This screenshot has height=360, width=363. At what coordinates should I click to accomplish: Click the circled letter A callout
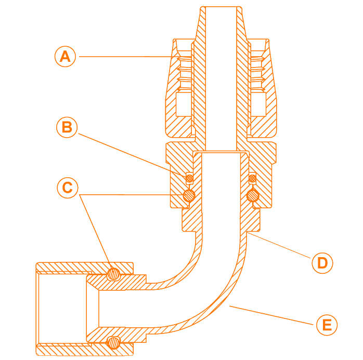click(65, 56)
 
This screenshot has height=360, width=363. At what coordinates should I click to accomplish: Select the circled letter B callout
click(67, 127)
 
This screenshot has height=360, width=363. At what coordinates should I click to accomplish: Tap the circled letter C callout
click(67, 188)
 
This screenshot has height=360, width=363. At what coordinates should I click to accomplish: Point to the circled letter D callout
click(322, 263)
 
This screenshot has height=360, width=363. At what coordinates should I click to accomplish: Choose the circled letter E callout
click(327, 325)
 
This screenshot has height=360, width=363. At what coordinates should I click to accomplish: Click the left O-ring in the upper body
click(189, 195)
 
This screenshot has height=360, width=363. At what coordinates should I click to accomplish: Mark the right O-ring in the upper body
click(252, 195)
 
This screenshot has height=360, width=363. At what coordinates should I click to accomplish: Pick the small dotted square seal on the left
click(189, 178)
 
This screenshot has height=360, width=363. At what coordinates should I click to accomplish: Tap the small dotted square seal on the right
click(252, 178)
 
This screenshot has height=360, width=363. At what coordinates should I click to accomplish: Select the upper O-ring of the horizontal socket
click(113, 274)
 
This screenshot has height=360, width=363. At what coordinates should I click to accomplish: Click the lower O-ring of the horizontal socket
click(113, 342)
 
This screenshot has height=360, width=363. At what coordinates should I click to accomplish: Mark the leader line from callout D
click(281, 249)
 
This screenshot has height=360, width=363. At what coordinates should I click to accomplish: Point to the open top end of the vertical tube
click(218, 7)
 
